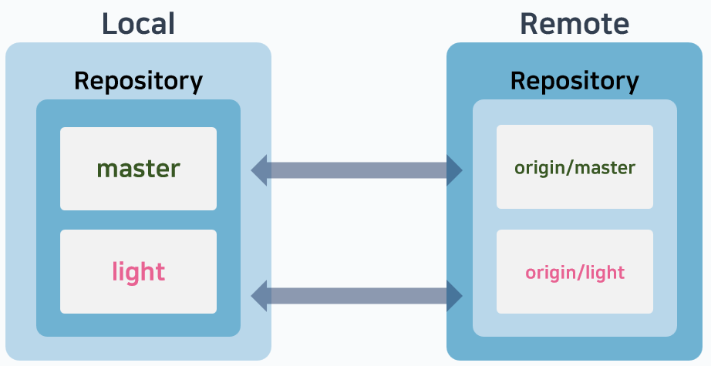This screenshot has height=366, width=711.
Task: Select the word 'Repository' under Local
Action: click(138, 80)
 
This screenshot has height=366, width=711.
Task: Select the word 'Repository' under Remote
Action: click(575, 80)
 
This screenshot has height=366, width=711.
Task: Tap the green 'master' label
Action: click(139, 168)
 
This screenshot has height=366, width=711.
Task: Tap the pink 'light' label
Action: click(139, 271)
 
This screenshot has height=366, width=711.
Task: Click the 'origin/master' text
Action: click(575, 167)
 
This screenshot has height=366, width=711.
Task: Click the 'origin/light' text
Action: click(575, 272)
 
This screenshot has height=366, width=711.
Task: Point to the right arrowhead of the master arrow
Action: click(455, 170)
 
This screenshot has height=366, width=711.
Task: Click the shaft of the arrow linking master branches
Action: click(357, 170)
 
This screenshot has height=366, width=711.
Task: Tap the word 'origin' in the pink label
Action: click(548, 273)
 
